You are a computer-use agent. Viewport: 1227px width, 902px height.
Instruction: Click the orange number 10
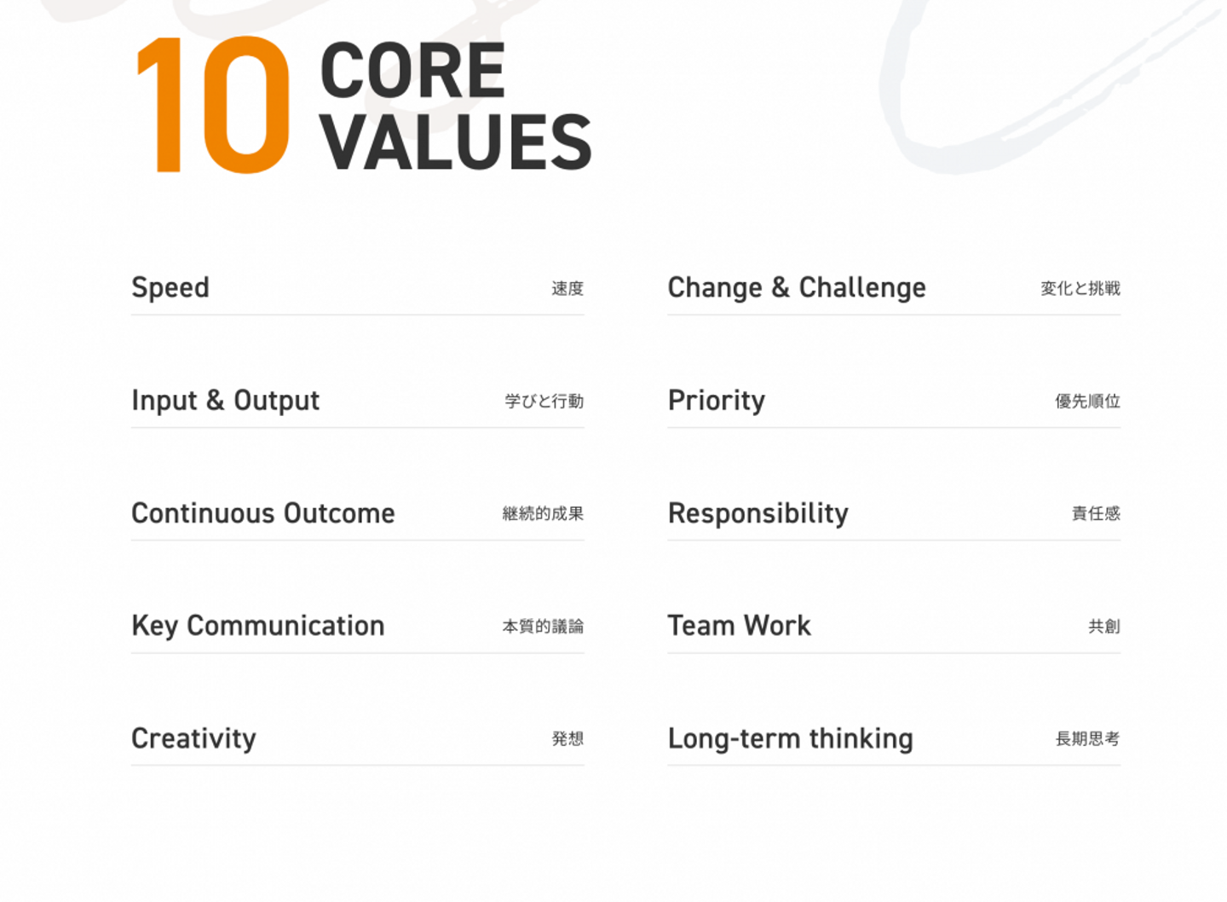212,105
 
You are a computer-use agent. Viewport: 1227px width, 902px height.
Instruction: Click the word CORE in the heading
412,70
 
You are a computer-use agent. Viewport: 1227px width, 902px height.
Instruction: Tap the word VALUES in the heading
456,142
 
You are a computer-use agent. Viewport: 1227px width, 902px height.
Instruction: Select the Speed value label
170,287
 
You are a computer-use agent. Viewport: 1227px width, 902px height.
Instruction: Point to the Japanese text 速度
567,289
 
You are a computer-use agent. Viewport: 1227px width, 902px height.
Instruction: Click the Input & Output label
225,400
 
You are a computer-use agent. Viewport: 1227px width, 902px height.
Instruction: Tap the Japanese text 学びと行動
544,402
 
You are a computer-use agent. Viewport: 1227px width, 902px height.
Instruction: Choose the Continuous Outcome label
263,513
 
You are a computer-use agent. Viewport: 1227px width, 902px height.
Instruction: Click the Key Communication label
258,626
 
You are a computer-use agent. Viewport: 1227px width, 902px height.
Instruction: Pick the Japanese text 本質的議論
543,627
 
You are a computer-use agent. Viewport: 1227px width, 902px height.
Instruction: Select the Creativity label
193,738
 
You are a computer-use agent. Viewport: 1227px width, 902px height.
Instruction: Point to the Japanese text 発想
567,738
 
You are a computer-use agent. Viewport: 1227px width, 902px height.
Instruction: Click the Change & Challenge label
797,287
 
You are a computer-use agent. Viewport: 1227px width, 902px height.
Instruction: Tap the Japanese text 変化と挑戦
1080,289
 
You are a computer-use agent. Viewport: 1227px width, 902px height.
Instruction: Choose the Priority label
717,401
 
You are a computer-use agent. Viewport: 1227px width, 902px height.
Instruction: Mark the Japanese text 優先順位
1088,402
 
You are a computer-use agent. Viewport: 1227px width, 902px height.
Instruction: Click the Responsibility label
758,514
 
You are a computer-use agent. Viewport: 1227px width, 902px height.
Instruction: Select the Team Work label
740,626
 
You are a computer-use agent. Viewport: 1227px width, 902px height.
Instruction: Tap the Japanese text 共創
1104,627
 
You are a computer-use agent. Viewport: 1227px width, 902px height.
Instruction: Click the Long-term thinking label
791,738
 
